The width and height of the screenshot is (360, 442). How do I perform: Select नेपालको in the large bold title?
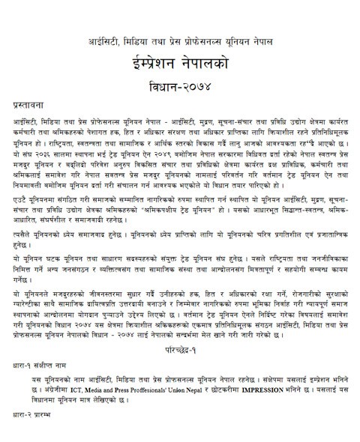[x=215, y=60]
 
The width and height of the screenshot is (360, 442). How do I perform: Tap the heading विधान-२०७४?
[x=182, y=82]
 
